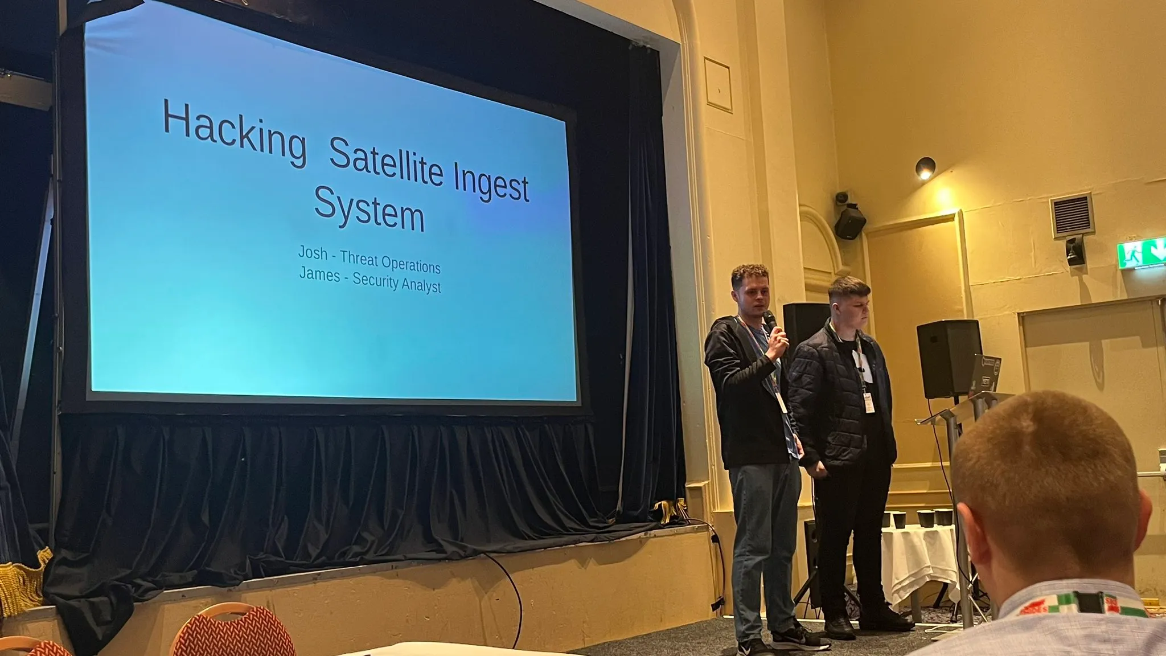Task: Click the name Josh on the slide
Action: coord(313,252)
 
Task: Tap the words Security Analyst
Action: coord(397,282)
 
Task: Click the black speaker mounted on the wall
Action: coord(849,220)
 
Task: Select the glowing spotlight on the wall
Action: coord(925,168)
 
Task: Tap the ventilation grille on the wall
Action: coord(1072,215)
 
